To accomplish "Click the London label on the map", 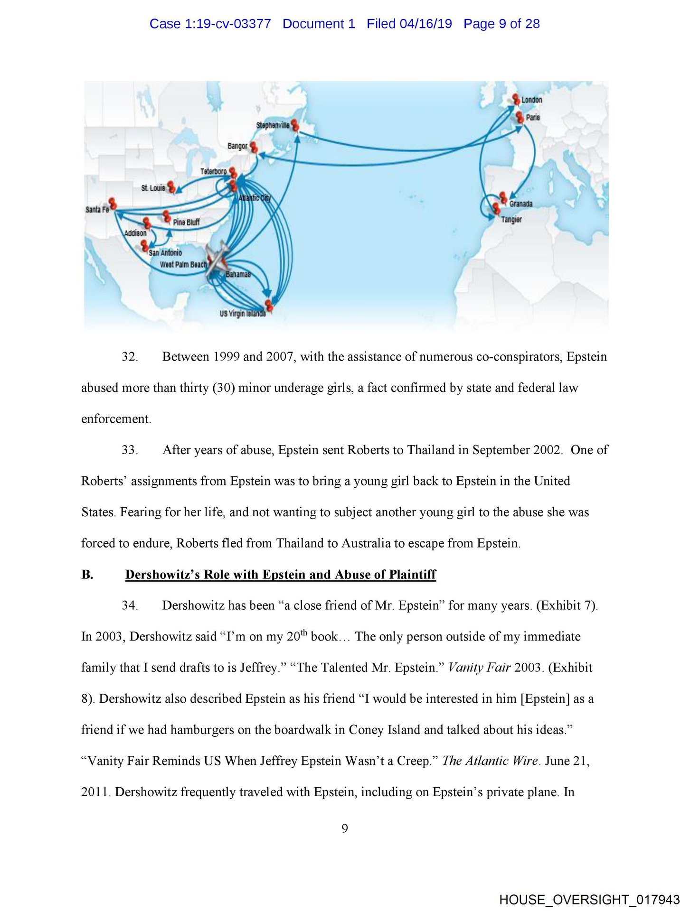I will click(531, 100).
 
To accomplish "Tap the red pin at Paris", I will click(519, 116).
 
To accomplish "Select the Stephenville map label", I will click(273, 125).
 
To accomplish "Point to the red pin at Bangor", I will click(254, 147).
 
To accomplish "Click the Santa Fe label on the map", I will click(97, 209).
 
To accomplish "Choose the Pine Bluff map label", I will click(186, 222).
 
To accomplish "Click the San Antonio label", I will click(165, 253).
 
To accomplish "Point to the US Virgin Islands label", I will click(242, 314).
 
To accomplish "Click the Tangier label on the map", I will click(511, 220).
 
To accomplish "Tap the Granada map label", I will click(521, 204).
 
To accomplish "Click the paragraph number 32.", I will click(130, 357).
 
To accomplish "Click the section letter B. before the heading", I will click(87, 575).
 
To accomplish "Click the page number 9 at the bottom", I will click(345, 828).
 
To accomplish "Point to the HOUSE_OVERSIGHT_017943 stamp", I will click(589, 900).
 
